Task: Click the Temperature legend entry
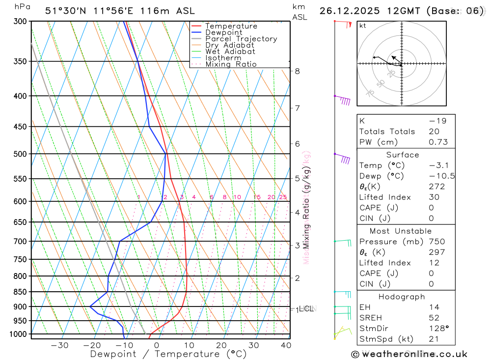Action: coord(231,26)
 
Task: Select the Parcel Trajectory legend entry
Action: coord(241,39)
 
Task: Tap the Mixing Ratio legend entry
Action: coord(231,64)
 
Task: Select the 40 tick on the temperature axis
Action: coord(286,345)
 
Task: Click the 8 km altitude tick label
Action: coord(298,71)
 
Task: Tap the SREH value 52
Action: coord(434,318)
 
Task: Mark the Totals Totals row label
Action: coord(387,131)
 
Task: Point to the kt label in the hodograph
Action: coord(363,26)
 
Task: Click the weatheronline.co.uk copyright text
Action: coord(409,354)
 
